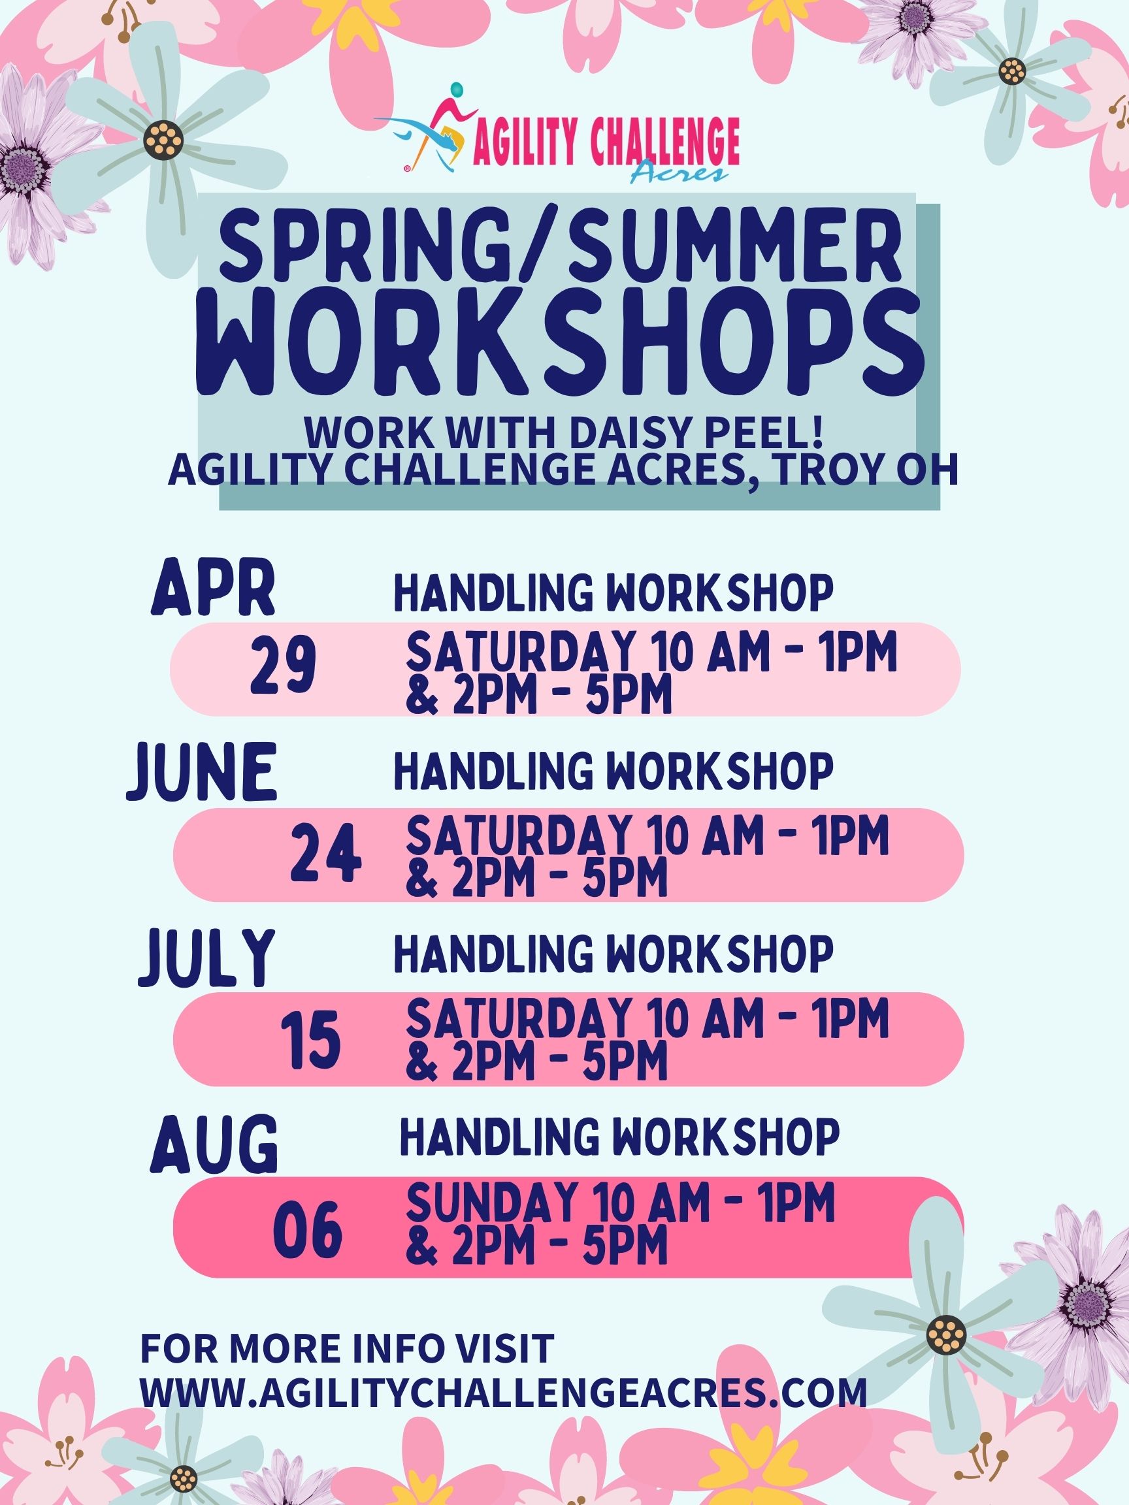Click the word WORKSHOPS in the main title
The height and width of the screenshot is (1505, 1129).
click(x=559, y=353)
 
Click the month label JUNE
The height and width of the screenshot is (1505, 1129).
click(x=202, y=772)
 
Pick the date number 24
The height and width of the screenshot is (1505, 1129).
click(x=326, y=857)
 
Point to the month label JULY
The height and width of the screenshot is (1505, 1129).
click(x=206, y=958)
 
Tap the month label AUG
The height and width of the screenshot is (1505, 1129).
click(x=214, y=1145)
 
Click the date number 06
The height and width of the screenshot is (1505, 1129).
click(x=307, y=1231)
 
